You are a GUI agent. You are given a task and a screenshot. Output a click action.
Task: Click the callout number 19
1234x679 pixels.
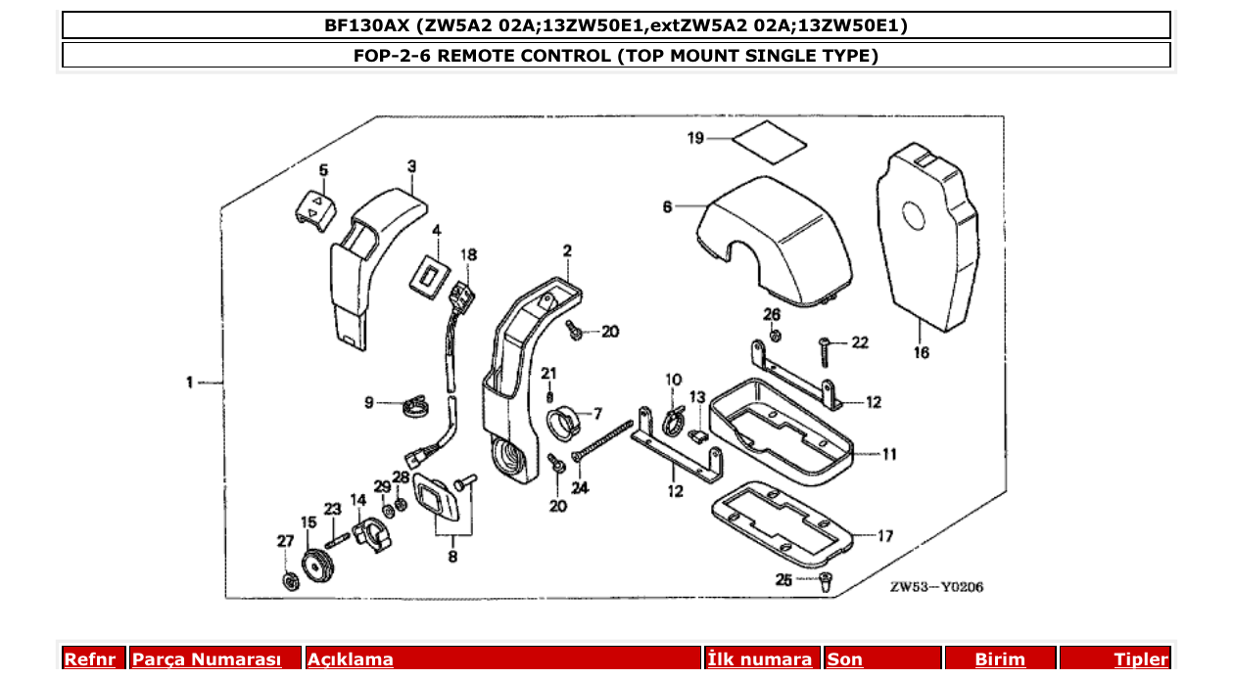tap(695, 139)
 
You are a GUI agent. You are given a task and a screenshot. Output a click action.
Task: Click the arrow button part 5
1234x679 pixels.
tap(315, 207)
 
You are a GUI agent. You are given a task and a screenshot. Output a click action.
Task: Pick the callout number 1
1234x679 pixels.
tap(190, 383)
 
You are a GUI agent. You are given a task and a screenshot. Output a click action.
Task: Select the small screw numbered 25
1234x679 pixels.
tap(825, 582)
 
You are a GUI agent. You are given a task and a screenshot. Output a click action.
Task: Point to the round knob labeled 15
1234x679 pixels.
tap(315, 566)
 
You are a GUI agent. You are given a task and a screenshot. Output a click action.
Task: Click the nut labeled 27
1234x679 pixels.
tap(289, 581)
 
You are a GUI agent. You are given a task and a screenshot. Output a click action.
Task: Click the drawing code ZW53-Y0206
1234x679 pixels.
tap(936, 587)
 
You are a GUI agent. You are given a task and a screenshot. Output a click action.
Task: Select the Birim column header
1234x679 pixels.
tap(999, 659)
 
